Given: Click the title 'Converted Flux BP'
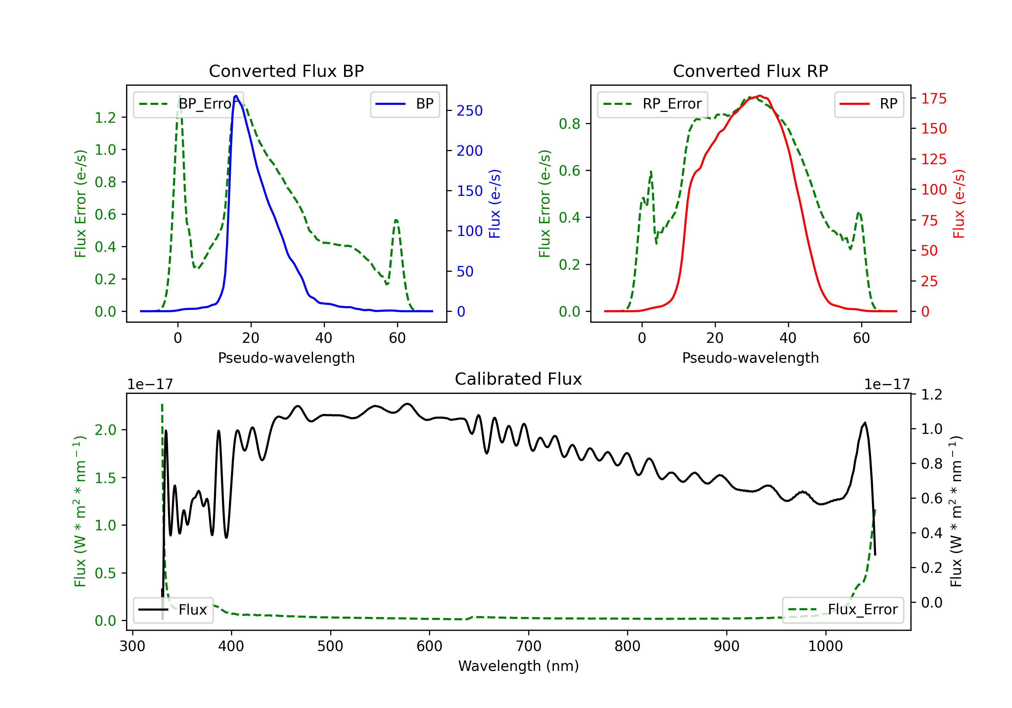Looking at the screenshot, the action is point(286,71).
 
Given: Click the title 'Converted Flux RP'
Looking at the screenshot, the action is point(750,71).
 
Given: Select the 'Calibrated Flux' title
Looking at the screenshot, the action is point(518,379).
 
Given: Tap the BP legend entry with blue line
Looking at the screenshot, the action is point(404,104).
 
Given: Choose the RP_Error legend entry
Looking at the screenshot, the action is point(652,104).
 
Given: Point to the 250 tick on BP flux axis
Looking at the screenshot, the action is point(470,111).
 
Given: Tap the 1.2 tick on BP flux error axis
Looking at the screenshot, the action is point(105,118).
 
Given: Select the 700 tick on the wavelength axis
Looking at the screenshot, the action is point(529,646).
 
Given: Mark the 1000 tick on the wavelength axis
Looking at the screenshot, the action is point(825,646).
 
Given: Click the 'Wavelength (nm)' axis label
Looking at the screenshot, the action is point(518,666).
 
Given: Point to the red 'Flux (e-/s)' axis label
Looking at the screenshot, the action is point(958,204).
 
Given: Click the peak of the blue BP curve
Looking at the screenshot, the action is point(236,96).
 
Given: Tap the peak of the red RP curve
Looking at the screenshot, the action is point(759,96).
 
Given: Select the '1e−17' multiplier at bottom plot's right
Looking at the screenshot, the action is point(887,384).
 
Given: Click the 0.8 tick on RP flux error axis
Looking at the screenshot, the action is point(569,124).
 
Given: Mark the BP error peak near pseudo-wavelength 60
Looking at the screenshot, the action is point(396,220).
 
